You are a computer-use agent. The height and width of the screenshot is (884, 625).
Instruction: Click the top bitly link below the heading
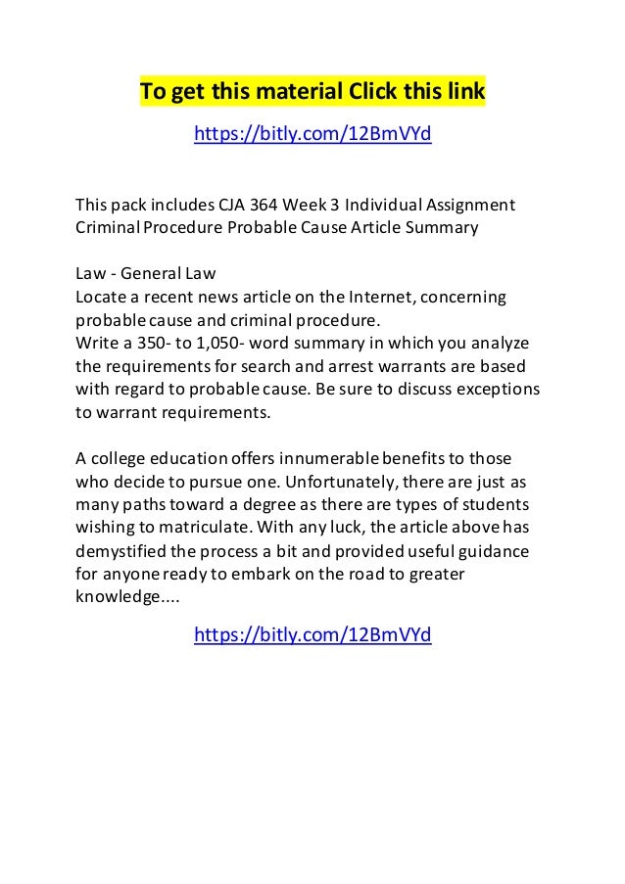(x=312, y=132)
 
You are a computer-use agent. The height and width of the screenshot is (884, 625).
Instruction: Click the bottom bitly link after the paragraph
(x=312, y=635)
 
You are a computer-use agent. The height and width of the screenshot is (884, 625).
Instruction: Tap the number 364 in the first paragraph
(x=263, y=207)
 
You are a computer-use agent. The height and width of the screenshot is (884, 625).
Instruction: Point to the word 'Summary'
(x=445, y=228)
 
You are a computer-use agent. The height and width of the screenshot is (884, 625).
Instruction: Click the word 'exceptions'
(x=496, y=390)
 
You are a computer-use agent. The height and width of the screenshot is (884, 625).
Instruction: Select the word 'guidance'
(x=491, y=551)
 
